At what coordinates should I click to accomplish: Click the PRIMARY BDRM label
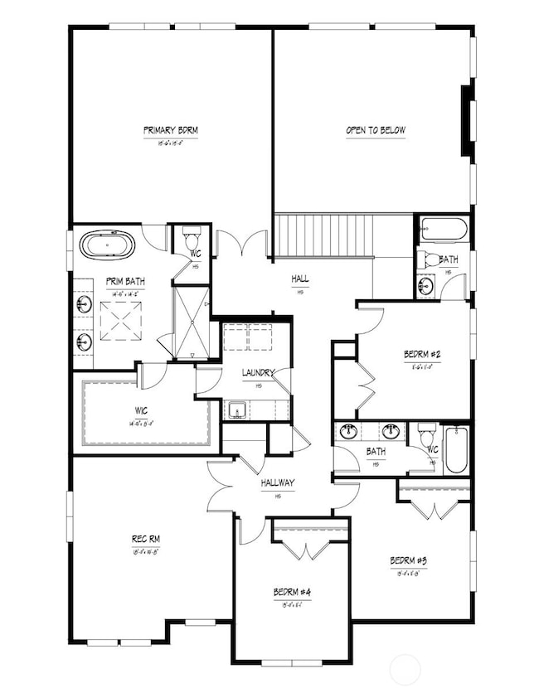click(x=170, y=130)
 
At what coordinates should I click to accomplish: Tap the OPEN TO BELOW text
click(x=376, y=130)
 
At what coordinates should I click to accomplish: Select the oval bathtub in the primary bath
click(x=108, y=245)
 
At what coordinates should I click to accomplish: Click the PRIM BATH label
click(x=121, y=281)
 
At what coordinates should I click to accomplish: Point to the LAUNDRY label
click(x=258, y=373)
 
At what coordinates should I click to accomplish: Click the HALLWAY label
click(x=276, y=482)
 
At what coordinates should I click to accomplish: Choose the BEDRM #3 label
click(x=410, y=560)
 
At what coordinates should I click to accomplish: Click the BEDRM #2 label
click(x=422, y=355)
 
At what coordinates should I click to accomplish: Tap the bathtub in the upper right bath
click(x=444, y=228)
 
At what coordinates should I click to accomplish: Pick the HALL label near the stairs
click(x=300, y=280)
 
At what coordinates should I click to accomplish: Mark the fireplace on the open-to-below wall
click(x=469, y=120)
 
